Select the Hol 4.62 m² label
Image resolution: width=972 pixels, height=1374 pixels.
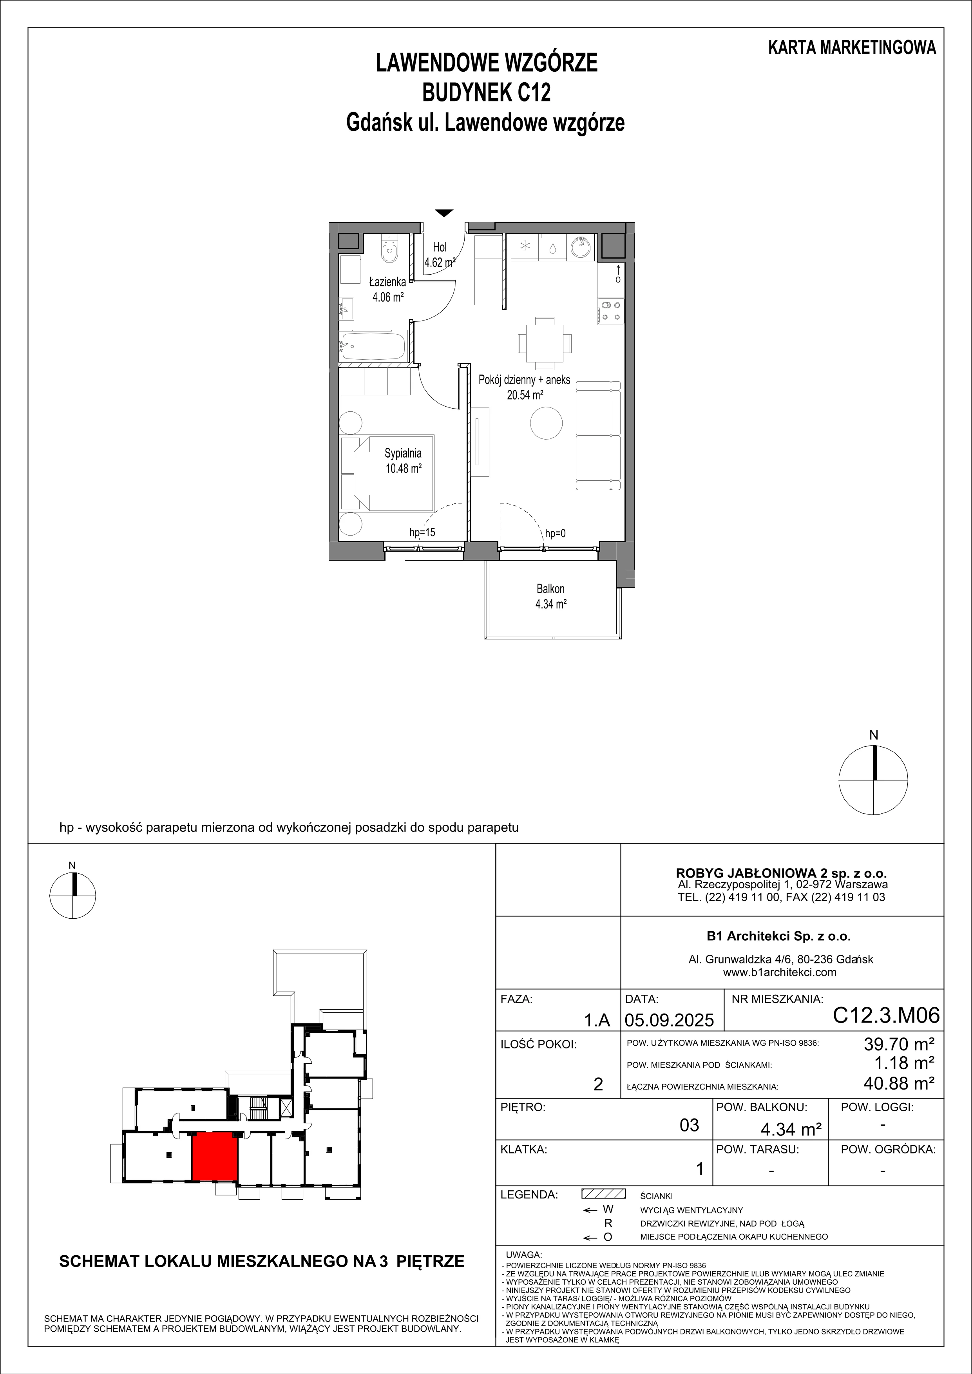point(440,254)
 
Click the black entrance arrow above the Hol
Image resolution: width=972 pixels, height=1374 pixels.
point(443,212)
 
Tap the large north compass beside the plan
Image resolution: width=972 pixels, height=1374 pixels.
point(873,780)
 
